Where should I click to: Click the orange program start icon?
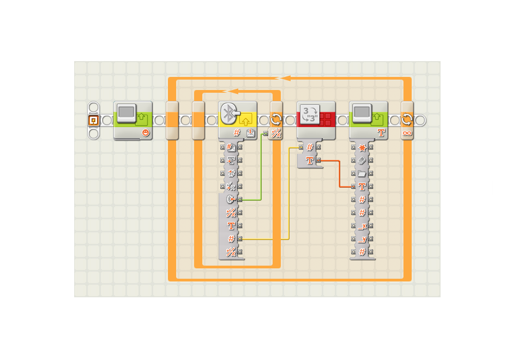coord(93,120)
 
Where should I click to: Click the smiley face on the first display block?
coord(145,133)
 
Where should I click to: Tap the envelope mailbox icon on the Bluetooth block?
coord(251,133)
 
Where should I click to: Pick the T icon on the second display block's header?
coord(381,133)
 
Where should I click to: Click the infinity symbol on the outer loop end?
coord(407,133)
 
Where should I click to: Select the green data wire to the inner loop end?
coord(262,169)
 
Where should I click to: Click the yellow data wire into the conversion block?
coord(288,196)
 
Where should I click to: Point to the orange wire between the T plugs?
coord(340,175)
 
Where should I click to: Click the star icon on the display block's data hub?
coord(362,147)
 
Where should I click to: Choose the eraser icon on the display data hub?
coord(362,160)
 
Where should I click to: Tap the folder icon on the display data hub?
coord(362,173)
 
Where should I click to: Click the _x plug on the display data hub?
coord(362,226)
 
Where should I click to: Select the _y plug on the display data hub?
coord(362,239)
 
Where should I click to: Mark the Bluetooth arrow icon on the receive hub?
coord(231,200)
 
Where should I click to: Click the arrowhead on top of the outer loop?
coord(285,79)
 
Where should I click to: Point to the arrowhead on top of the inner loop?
coord(232,91)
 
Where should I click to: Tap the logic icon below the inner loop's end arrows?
coord(276,133)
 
